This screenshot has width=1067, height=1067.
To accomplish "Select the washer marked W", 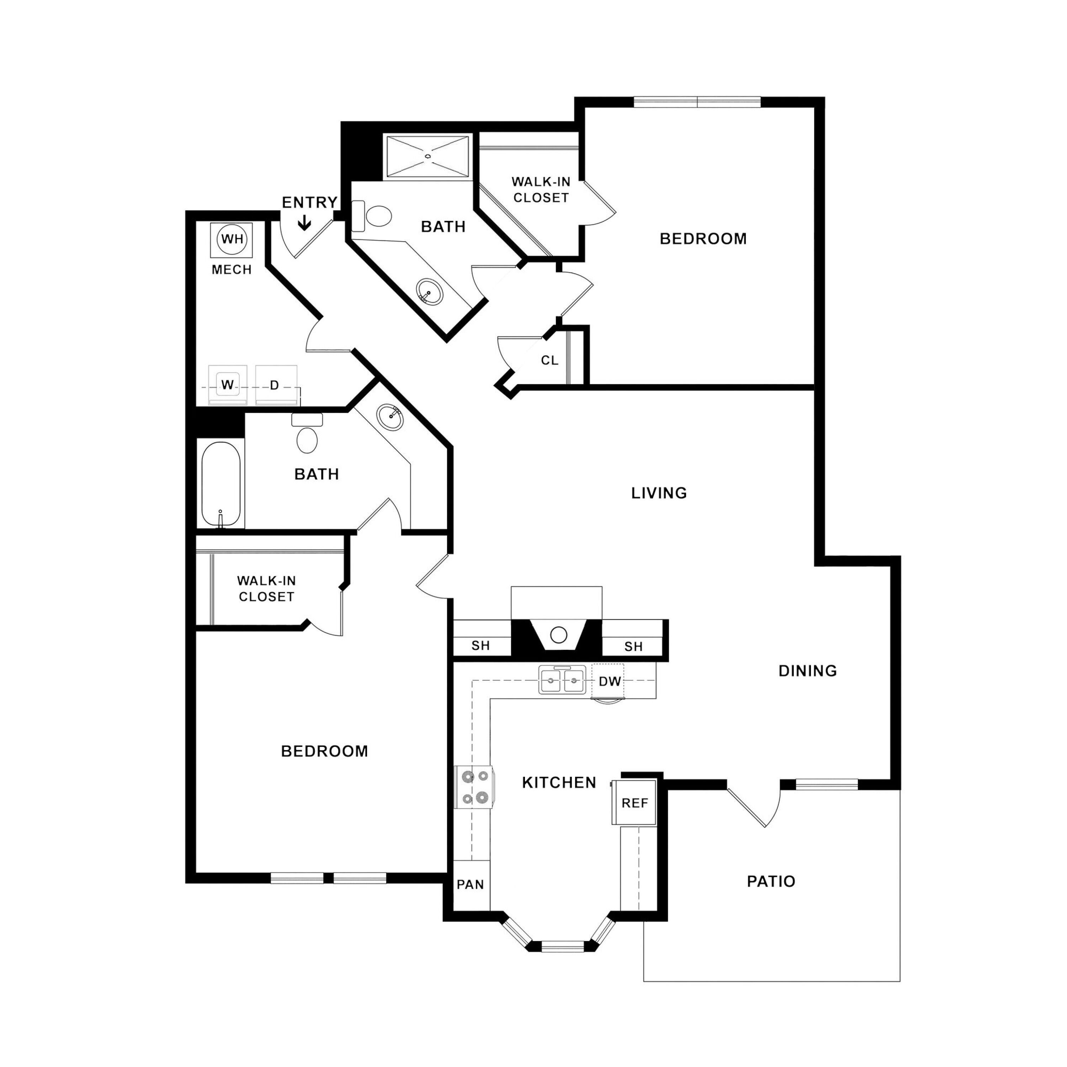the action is tap(228, 384).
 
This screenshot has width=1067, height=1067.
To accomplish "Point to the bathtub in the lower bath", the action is tap(221, 485).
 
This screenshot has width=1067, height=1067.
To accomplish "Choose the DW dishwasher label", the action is tap(610, 681).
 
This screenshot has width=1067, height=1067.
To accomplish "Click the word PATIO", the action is tap(771, 881).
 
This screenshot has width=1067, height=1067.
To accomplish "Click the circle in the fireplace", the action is tap(558, 635).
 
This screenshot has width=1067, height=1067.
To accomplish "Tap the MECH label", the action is tap(232, 270).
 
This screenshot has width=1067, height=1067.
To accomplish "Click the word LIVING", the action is tap(659, 493).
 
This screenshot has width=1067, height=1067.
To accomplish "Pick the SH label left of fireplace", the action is tap(481, 646).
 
